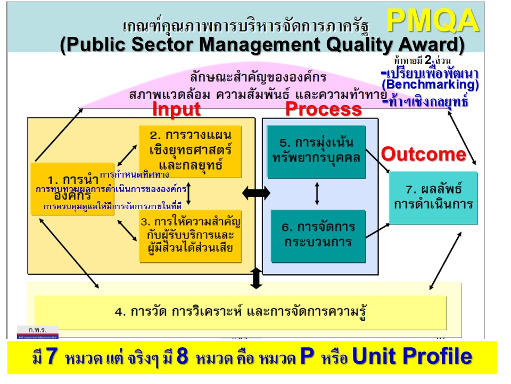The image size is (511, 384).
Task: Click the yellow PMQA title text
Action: point(432,21)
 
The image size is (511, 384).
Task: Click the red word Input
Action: point(176,109)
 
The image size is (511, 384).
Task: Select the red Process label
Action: point(323,109)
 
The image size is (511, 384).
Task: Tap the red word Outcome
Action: point(424,154)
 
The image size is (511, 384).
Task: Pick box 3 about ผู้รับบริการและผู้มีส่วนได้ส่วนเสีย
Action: point(189,235)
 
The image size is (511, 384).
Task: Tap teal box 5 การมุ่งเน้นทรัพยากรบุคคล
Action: point(316,151)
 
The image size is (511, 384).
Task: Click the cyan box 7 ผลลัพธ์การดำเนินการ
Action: point(433,198)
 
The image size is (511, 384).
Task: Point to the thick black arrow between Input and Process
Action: point(256,194)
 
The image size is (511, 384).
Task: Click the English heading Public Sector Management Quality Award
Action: point(262,44)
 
